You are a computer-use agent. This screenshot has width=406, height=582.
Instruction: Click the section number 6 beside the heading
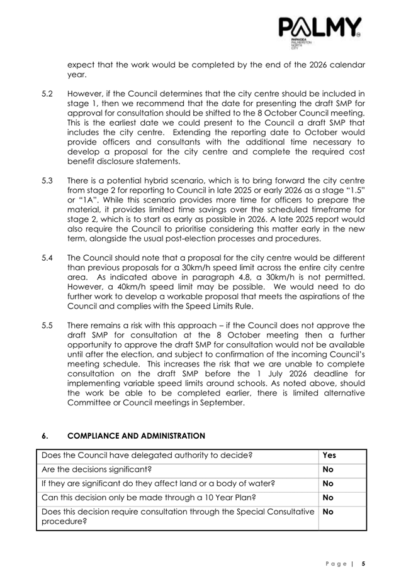[44, 435]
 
